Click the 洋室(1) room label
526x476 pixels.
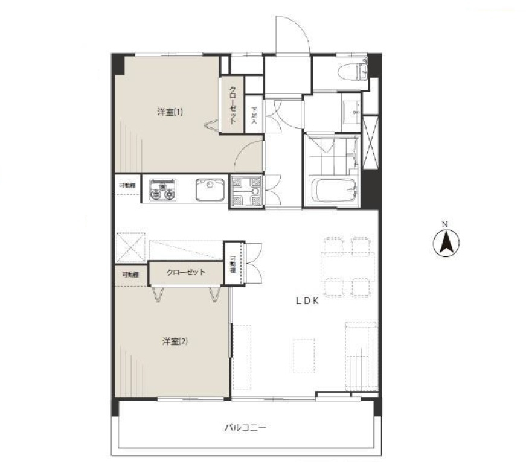click(x=170, y=112)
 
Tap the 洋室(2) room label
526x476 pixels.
click(x=175, y=341)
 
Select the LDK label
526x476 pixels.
click(x=307, y=301)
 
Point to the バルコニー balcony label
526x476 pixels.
click(x=245, y=427)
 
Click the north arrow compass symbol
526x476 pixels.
click(x=446, y=243)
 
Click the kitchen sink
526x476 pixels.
click(x=210, y=189)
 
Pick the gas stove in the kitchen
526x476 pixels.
click(x=163, y=189)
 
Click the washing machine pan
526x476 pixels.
click(x=246, y=191)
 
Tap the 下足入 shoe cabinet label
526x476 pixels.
click(x=254, y=115)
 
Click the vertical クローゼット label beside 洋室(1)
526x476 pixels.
click(x=232, y=105)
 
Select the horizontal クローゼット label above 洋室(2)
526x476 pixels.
click(x=186, y=272)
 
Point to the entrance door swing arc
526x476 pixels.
click(x=301, y=27)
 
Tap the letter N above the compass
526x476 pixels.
click(x=445, y=225)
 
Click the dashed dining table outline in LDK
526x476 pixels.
click(x=347, y=267)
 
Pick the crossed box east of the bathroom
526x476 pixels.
click(x=370, y=143)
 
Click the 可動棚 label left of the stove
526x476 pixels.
click(x=127, y=185)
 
